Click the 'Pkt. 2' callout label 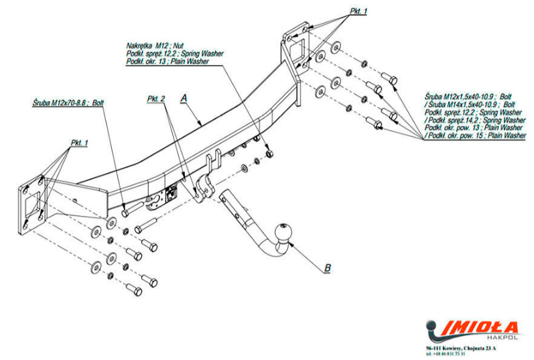pos(156,99)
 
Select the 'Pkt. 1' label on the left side pos(79,143)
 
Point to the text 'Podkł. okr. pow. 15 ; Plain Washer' pos(476,135)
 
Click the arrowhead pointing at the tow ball pos(295,245)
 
